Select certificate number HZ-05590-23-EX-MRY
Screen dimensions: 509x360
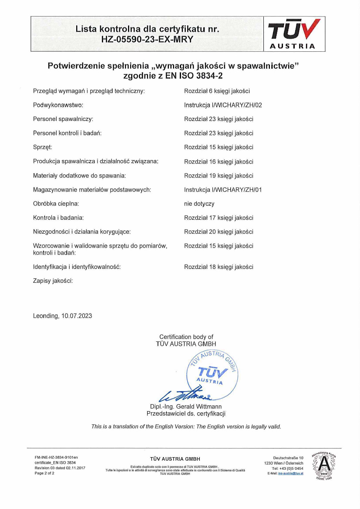[147, 39]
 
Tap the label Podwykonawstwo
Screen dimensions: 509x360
[58, 105]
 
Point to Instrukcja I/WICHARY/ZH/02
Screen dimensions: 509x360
[223, 105]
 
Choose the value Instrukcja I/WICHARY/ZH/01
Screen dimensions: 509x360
[223, 190]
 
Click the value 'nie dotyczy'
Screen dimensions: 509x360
[199, 204]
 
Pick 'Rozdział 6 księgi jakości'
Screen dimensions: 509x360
[217, 91]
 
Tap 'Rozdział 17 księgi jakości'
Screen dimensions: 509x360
[219, 218]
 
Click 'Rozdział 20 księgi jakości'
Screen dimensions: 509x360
[219, 232]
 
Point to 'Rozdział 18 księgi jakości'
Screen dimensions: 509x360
[219, 267]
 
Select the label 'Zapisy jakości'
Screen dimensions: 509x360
[53, 281]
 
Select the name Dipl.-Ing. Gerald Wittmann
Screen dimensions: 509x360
[186, 407]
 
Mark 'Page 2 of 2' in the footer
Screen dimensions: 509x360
[45, 473]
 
